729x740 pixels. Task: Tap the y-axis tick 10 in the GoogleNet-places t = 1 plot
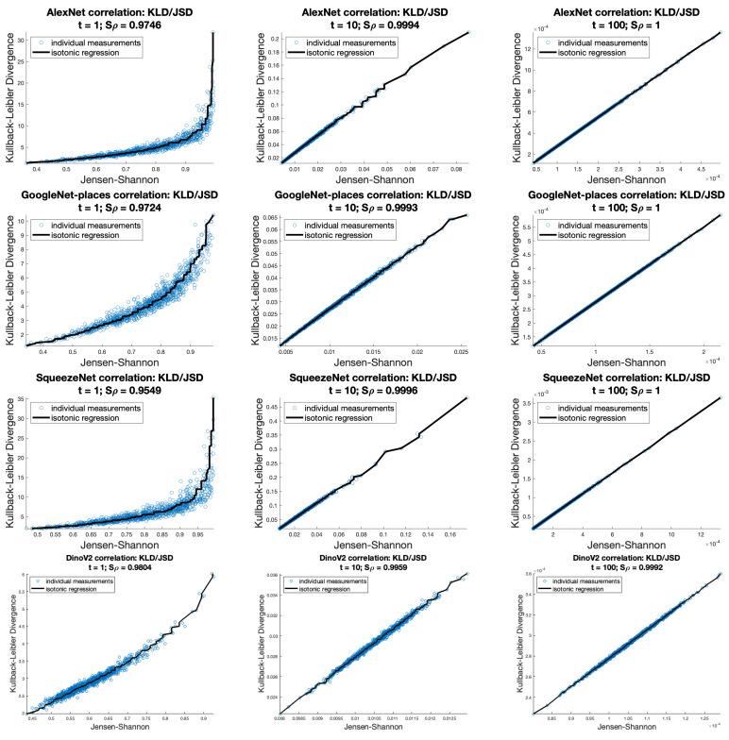pos(24,221)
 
